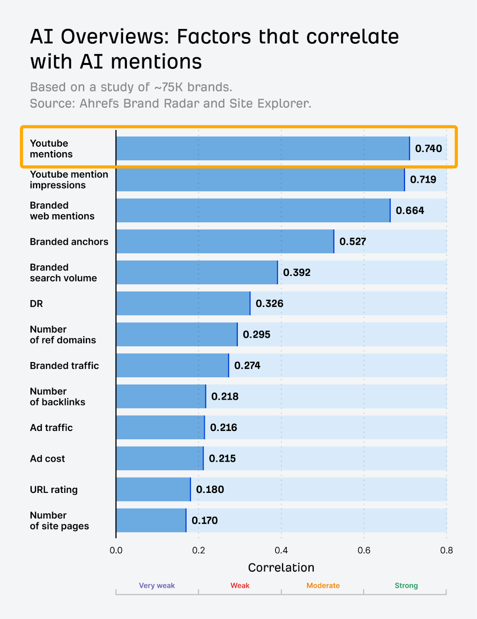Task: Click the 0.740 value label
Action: pyautogui.click(x=428, y=149)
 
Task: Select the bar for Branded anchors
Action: pyautogui.click(x=225, y=241)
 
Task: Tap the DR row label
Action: pyautogui.click(x=36, y=304)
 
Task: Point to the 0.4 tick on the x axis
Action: pyautogui.click(x=281, y=550)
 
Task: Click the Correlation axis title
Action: pyautogui.click(x=281, y=568)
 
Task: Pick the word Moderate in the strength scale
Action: pyautogui.click(x=323, y=585)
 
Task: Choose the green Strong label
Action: pyautogui.click(x=406, y=585)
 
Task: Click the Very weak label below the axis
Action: pyautogui.click(x=157, y=585)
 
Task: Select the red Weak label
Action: pyautogui.click(x=240, y=585)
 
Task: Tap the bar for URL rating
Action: pyautogui.click(x=153, y=489)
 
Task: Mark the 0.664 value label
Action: pyautogui.click(x=410, y=210)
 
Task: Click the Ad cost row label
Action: pyautogui.click(x=47, y=458)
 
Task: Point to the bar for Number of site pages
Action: pyautogui.click(x=151, y=520)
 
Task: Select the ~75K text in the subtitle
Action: pyautogui.click(x=168, y=87)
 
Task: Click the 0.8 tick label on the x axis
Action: pyautogui.click(x=446, y=550)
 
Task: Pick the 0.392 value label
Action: pyautogui.click(x=297, y=272)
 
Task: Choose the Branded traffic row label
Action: pyautogui.click(x=64, y=366)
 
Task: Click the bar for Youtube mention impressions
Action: pyautogui.click(x=260, y=180)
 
